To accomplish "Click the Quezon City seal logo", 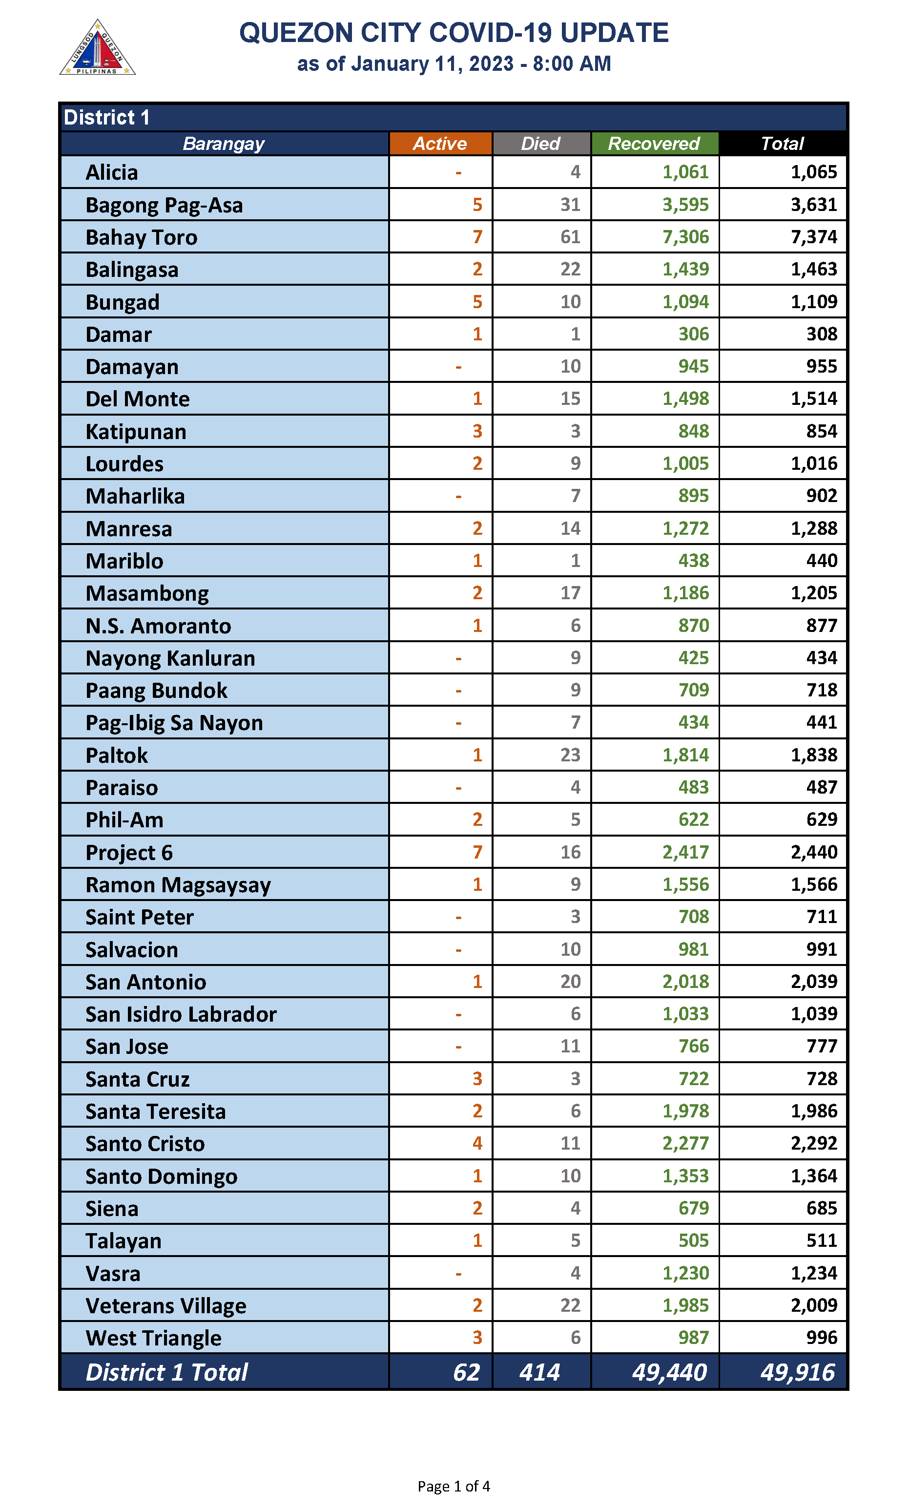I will coord(97,48).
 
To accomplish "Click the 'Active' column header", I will coord(440,144).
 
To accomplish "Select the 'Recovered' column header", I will coord(654,144).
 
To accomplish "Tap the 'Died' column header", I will coord(540,144).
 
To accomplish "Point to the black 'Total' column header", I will coord(782,144).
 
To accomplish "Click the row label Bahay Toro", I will coord(142,237).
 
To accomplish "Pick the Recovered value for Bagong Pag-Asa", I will coord(685,205).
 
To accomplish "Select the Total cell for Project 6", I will coord(813,852).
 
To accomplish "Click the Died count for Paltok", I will coord(570,755).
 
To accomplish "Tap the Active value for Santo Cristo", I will coord(477,1143).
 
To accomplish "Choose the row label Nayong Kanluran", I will coord(170,658).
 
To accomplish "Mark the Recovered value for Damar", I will coord(693,334).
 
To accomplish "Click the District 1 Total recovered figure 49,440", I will coord(669,1372).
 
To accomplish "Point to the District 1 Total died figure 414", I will coord(539,1372).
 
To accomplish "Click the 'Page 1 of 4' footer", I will coord(453,1486).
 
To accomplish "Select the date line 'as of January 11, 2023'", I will coord(453,63).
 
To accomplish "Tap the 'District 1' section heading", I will coord(106,117).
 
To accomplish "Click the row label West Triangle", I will coord(153,1338).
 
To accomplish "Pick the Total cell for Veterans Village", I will coord(813,1305).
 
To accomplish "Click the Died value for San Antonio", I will coord(570,981).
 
